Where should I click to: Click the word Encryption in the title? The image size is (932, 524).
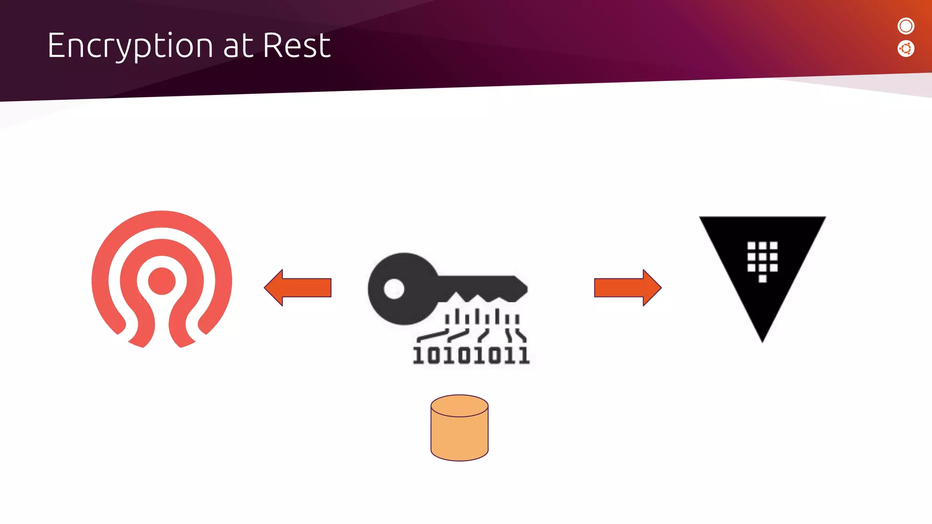coord(130,46)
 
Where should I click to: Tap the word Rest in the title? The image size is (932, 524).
coord(296,46)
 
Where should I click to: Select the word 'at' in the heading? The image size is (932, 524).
coord(238,47)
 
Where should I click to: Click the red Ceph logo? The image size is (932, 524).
coord(162,279)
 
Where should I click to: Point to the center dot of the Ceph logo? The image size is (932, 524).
coord(162,281)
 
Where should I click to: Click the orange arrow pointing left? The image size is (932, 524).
coord(298,287)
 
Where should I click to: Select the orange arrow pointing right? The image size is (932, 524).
coord(628,287)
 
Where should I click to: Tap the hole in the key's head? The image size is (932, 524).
coord(394,288)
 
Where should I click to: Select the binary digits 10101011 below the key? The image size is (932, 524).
coord(471,355)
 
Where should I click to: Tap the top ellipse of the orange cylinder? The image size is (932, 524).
coord(459,406)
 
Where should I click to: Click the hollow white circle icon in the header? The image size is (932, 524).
coord(906,26)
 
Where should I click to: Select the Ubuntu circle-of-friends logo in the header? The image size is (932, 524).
coord(906,49)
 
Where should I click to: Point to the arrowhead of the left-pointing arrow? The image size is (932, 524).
coord(274,287)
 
